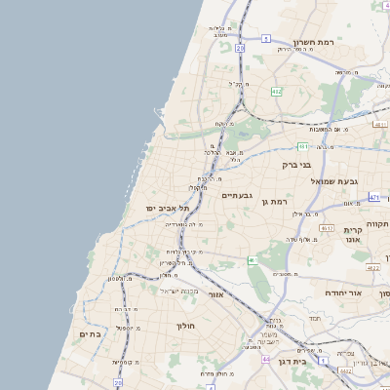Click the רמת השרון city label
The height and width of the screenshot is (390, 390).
point(314,44)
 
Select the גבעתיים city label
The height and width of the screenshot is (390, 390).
point(238,196)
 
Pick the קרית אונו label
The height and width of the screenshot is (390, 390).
point(353,235)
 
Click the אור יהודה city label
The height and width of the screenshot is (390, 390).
point(370,292)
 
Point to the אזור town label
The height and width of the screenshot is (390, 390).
point(216,293)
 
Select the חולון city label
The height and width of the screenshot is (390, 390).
point(186,326)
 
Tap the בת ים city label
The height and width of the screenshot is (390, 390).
point(88,334)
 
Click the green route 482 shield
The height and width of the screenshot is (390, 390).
point(277,92)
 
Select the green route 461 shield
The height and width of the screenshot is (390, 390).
point(303,146)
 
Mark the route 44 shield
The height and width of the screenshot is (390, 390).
point(265,359)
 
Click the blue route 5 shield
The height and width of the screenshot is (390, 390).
point(265,39)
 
